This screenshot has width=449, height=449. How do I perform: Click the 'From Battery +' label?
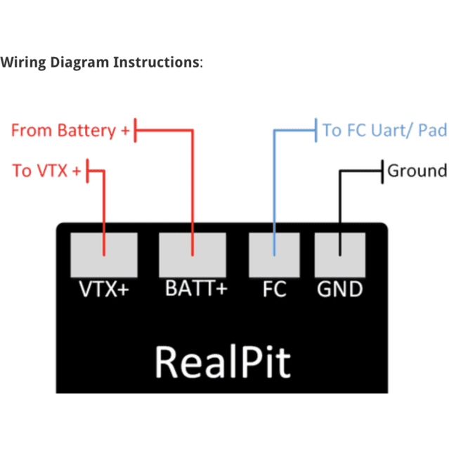coord(70,131)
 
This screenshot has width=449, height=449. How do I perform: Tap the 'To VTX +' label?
coord(46,171)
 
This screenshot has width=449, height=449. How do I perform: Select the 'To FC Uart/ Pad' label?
coord(384,131)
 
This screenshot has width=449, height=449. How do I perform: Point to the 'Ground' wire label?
coord(417,171)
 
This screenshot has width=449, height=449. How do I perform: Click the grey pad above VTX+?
coord(103,254)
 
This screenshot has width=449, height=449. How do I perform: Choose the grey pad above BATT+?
coord(193,254)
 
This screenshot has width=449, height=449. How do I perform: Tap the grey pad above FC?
coord(275,254)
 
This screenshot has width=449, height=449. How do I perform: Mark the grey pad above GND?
coord(339,254)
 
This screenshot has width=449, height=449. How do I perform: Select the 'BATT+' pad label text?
coord(196,289)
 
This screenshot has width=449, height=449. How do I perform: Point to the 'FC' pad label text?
coord(275,289)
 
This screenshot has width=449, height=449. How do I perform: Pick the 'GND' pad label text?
coord(339,289)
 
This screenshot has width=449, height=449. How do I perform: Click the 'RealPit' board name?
coord(222,361)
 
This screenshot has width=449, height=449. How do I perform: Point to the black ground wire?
coord(340,204)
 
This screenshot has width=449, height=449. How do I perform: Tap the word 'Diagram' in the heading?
coord(82,62)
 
